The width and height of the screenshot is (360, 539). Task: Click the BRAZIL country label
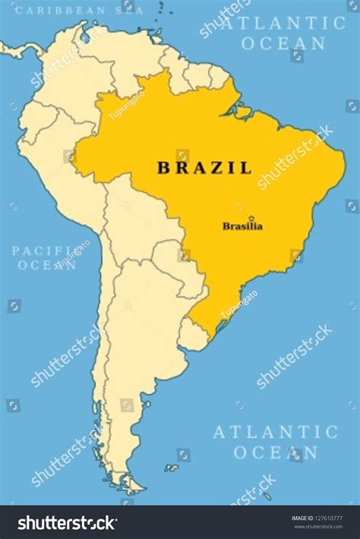click(x=204, y=168)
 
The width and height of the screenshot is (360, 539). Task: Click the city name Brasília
click(x=242, y=226)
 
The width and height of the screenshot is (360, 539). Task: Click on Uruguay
click(x=194, y=334)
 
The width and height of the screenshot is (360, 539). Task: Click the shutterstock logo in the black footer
click(x=67, y=523)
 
